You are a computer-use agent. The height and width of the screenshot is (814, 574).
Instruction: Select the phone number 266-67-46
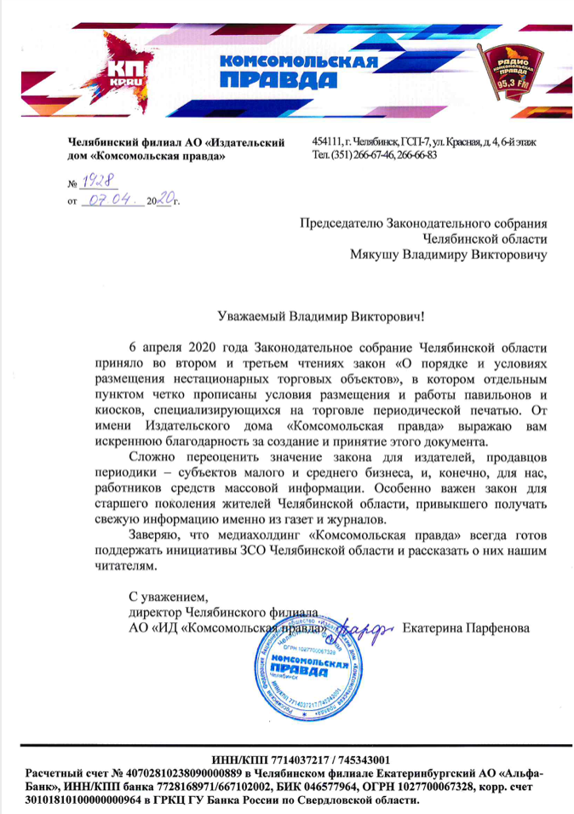pos(369,155)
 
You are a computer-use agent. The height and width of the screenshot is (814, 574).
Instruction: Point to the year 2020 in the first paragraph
pos(203,348)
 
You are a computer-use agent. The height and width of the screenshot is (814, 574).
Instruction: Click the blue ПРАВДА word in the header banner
pos(271,81)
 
